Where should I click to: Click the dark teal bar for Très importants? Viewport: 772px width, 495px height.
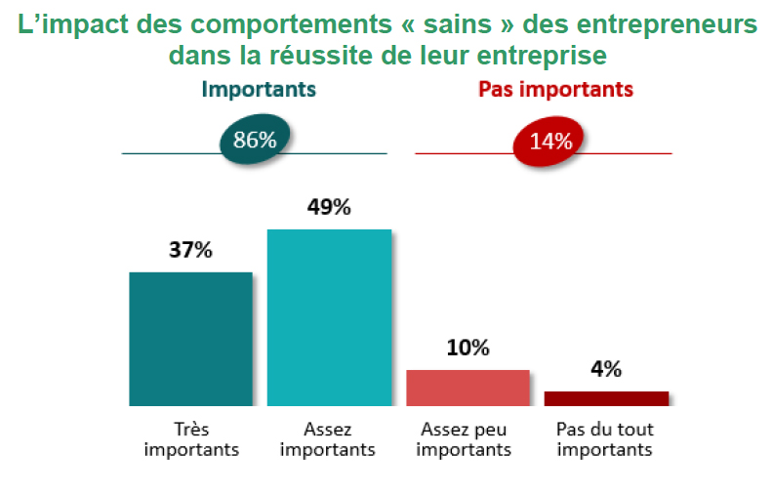(190, 338)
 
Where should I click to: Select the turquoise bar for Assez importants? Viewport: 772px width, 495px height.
(329, 316)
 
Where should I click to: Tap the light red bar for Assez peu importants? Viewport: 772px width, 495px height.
(467, 388)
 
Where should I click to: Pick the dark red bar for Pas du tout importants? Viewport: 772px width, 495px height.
(606, 398)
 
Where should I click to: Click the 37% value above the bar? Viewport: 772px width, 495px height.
(190, 250)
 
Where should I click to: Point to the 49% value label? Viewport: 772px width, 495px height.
(329, 207)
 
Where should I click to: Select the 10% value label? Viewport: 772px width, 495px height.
(467, 349)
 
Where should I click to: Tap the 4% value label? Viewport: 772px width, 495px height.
(606, 369)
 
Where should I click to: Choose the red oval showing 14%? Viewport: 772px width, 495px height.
(550, 141)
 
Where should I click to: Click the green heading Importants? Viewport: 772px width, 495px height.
(259, 90)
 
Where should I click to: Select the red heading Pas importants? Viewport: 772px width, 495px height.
(555, 90)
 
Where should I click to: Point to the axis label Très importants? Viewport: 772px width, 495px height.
(190, 439)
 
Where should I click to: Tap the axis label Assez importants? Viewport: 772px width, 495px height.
(328, 439)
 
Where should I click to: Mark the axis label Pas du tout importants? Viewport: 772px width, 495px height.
(605, 439)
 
